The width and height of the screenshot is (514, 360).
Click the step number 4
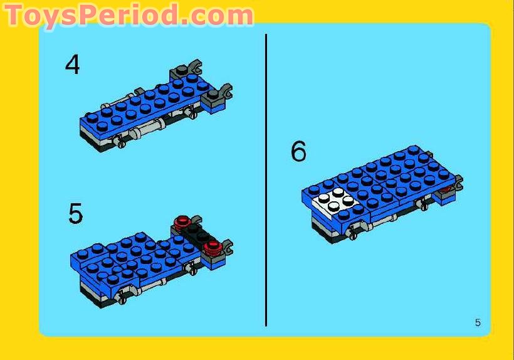[73, 64]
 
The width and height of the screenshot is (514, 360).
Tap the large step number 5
[75, 213]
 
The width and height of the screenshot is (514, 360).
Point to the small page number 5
[478, 322]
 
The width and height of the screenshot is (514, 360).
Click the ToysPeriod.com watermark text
[128, 15]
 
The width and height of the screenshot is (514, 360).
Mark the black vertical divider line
[266, 180]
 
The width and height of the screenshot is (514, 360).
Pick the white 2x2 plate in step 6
[335, 200]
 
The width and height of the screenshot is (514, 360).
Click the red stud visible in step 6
[446, 189]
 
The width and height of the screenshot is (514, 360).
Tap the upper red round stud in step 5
[182, 223]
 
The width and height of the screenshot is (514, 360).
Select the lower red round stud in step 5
[211, 248]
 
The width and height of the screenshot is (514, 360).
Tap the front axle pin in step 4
[120, 141]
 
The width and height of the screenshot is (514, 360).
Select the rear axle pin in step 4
[192, 114]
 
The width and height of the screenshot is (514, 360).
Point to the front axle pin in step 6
[353, 233]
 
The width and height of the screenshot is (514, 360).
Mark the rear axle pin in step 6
[423, 205]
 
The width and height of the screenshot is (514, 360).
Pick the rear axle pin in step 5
[191, 269]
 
